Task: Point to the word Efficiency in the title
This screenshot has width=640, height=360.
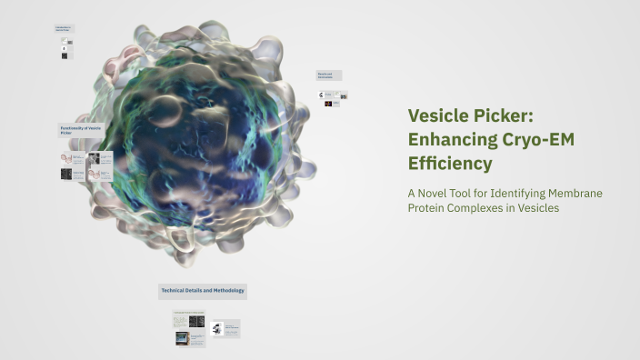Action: pyautogui.click(x=450, y=164)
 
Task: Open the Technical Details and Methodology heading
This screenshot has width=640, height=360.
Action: pyautogui.click(x=203, y=291)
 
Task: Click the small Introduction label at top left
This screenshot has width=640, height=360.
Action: pyautogui.click(x=64, y=29)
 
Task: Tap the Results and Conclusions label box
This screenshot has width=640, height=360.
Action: pyautogui.click(x=328, y=75)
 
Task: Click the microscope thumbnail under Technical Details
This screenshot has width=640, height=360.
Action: pyautogui.click(x=217, y=328)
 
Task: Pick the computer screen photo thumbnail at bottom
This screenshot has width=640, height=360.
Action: pyautogui.click(x=182, y=338)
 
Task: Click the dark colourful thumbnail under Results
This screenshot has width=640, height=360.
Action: pyautogui.click(x=328, y=105)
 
